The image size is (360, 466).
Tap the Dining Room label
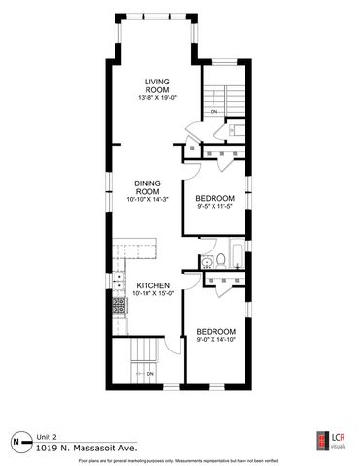pos(147,185)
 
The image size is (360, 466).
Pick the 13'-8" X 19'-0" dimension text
pos(156,98)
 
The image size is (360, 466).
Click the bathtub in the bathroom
pos(231,259)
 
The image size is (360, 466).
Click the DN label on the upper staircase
pos(213,112)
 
